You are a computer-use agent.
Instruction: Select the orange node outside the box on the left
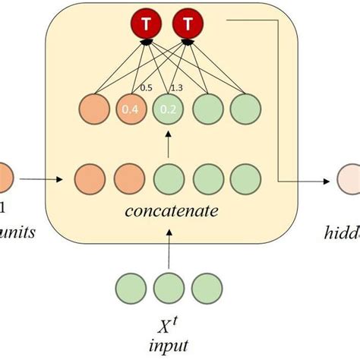(x=4, y=181)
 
